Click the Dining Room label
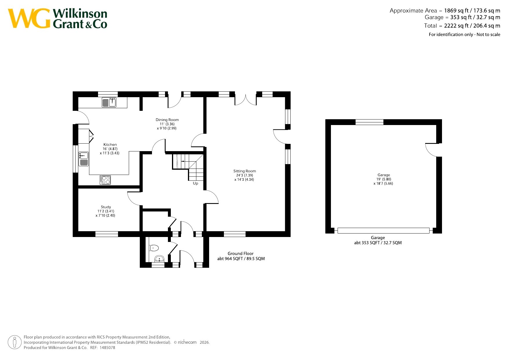167,120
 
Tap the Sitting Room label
244,171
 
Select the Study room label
106,207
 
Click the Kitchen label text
110,144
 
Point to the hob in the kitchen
105,180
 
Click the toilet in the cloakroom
154,248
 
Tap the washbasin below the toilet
159,258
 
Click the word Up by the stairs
195,183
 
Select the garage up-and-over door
383,231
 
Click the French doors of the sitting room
245,100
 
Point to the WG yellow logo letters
29,19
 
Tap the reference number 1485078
107,348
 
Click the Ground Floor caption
240,254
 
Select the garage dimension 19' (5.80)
384,179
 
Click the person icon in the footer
15,342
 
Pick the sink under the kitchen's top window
109,102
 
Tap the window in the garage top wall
369,122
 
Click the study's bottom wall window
107,234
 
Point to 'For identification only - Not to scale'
464,35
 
